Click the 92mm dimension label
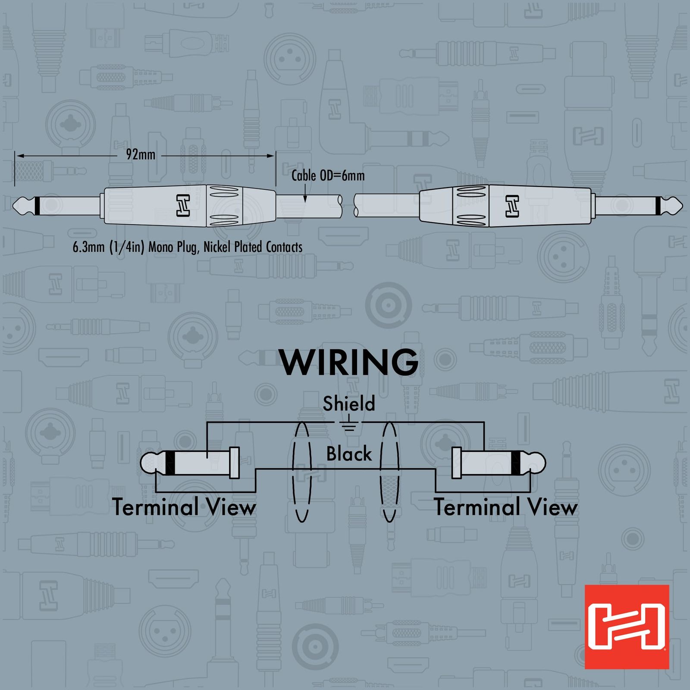141,154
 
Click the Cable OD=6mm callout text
328,176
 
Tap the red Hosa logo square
627,627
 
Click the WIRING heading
349,362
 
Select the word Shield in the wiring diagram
349,404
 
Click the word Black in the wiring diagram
349,454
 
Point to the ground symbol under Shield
348,426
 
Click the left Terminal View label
185,507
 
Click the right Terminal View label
505,507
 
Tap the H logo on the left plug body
183,205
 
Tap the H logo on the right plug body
512,205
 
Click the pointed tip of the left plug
13,206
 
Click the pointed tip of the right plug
682,206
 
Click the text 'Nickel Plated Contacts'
253,247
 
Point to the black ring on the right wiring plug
516,463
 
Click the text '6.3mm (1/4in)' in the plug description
109,247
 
